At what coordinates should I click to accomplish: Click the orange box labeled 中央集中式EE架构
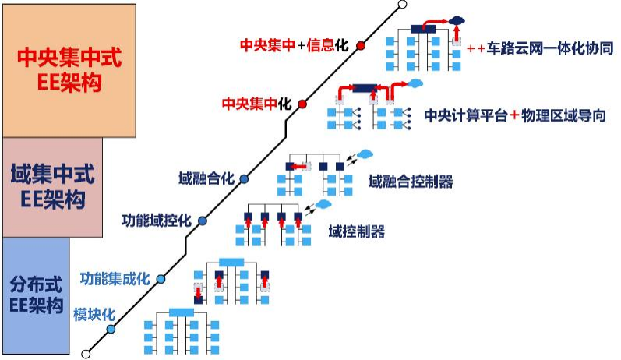69,71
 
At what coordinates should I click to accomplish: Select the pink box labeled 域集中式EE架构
53,187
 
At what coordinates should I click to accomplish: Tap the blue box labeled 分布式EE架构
36,295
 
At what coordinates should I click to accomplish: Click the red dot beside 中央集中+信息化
361,45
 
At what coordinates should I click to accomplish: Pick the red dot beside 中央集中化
302,104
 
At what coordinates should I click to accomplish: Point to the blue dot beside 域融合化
244,179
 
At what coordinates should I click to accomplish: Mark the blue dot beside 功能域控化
203,221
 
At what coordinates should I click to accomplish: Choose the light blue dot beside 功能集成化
161,279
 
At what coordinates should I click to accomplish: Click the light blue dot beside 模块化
111,329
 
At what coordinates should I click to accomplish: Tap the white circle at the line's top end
402,5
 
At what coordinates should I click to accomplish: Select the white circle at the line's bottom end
86,354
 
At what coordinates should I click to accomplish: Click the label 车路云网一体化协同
550,48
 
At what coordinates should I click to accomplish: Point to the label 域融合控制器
411,182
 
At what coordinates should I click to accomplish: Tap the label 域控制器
356,231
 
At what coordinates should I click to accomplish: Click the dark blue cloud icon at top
457,19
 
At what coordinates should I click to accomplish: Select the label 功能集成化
115,279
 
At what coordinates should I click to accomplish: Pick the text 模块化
94,315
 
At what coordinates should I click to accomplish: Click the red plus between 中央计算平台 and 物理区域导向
514,115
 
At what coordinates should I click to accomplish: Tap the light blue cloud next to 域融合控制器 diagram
365,154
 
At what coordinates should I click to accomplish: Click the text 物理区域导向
563,115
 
